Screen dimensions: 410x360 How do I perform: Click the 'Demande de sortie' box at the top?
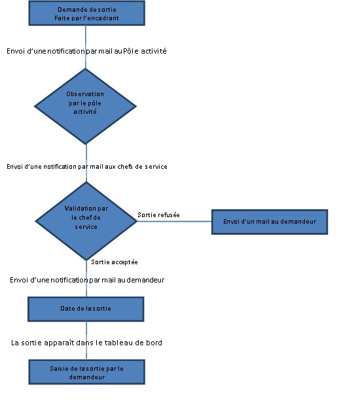point(86,12)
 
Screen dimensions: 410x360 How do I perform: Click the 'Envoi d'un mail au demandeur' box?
point(269,222)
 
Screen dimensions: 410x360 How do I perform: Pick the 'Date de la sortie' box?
point(86,309)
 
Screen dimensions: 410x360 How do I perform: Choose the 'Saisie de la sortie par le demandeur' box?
point(86,372)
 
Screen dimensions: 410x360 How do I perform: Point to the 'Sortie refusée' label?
point(158,214)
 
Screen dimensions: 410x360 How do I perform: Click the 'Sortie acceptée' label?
point(114,262)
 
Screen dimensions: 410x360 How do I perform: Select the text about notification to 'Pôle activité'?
point(86,51)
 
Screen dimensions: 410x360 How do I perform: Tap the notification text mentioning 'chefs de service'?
point(87,167)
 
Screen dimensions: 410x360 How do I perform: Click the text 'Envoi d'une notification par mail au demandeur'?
point(87,280)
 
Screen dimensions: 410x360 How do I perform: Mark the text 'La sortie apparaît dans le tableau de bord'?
point(86,342)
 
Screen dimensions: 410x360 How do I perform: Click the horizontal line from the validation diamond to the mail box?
point(174,222)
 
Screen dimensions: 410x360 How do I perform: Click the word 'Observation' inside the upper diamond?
point(85,94)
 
